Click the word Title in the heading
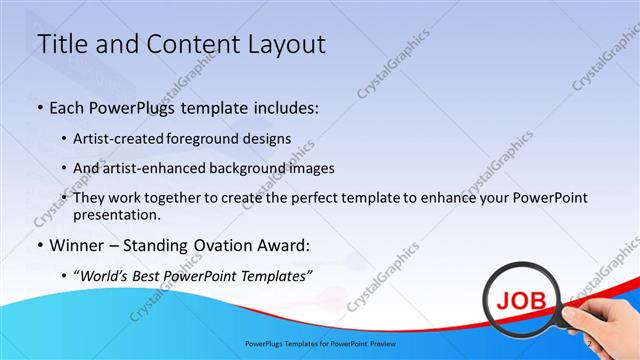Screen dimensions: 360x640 coord(63,44)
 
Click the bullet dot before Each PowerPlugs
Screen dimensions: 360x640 coord(39,108)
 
